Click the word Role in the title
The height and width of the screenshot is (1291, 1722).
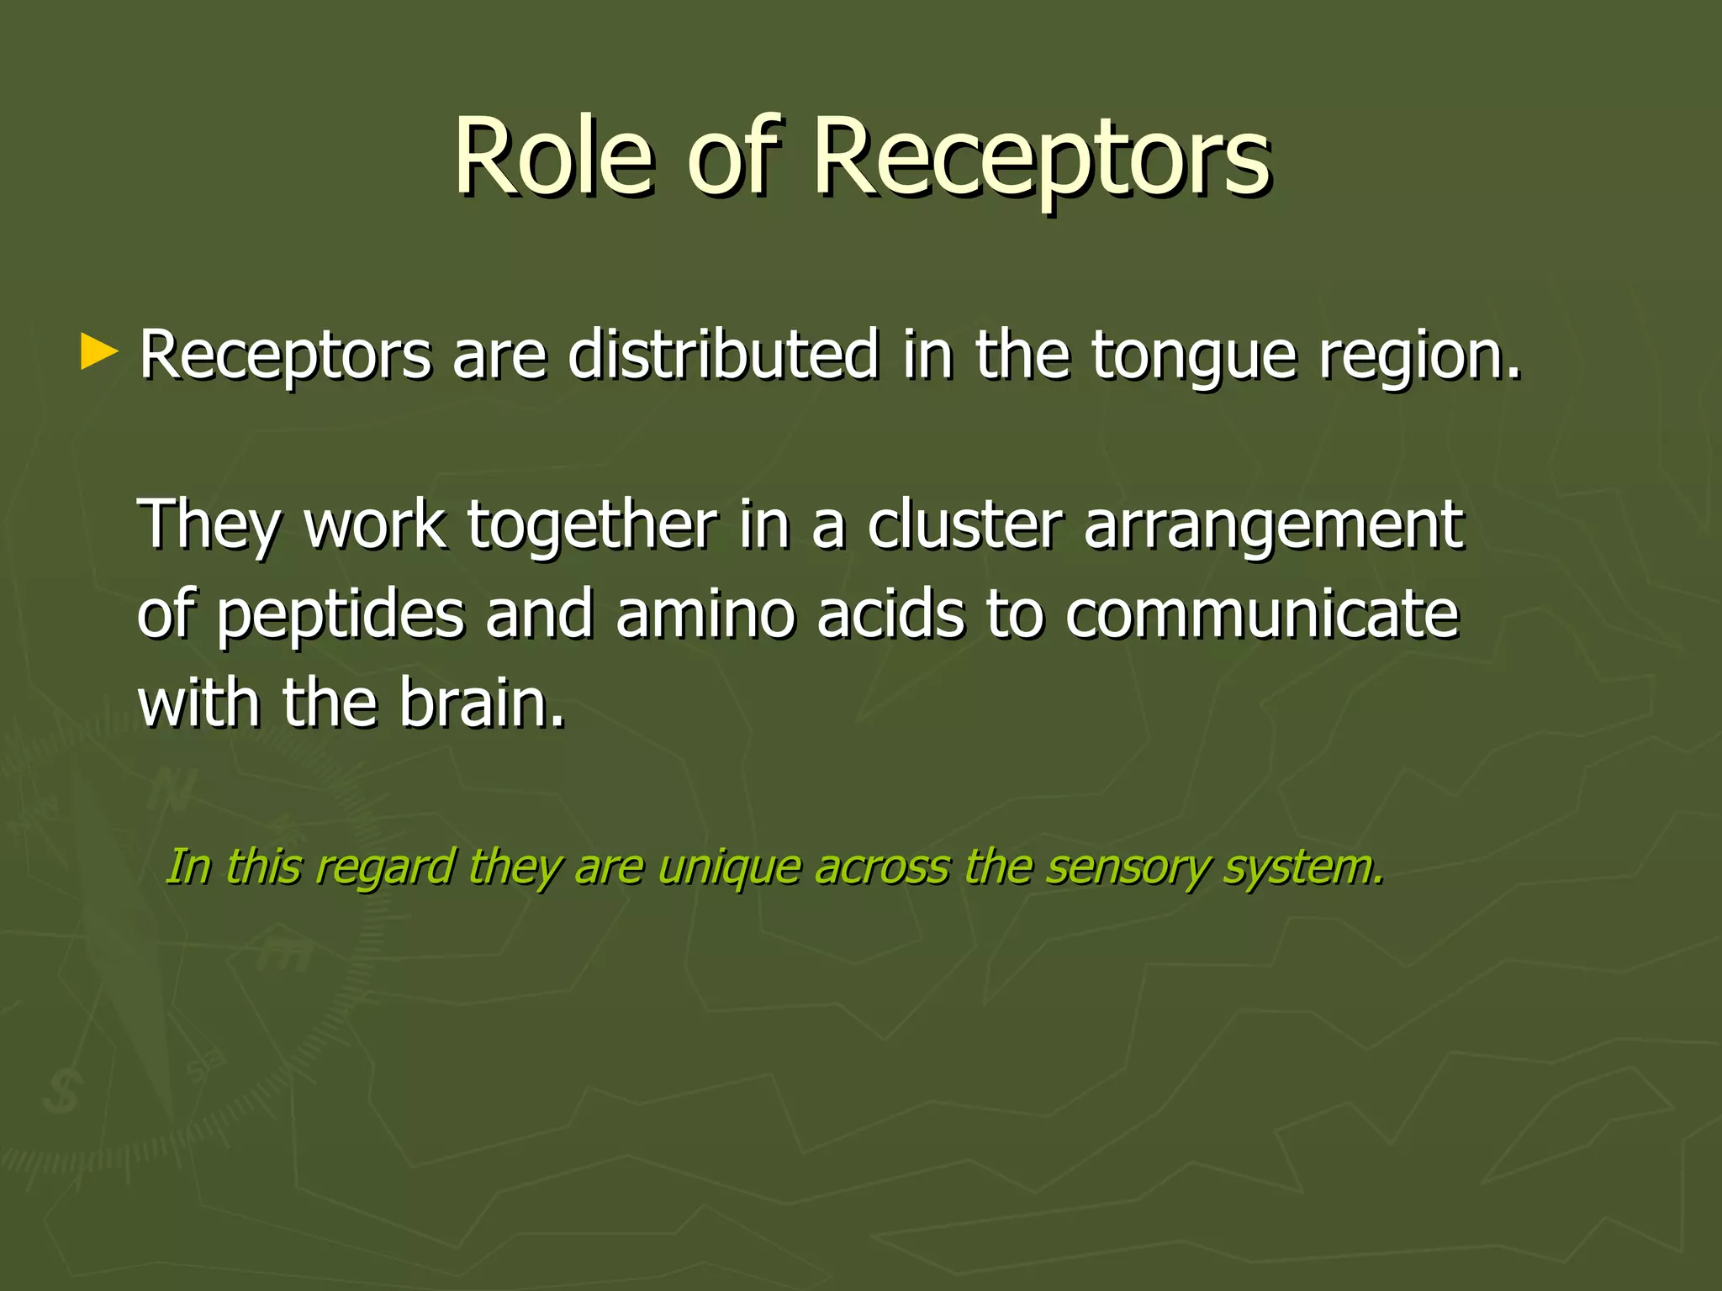pos(553,158)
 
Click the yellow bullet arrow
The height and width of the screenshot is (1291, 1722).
pos(99,353)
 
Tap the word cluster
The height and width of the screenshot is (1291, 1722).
pos(964,524)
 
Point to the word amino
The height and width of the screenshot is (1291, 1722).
pos(705,614)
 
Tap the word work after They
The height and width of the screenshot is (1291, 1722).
pos(375,524)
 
